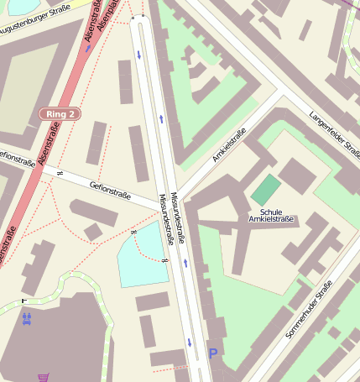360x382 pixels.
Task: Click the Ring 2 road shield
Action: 60,113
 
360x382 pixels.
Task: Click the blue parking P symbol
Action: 212,354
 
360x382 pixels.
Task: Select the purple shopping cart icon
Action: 43,378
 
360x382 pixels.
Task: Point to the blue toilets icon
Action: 27,318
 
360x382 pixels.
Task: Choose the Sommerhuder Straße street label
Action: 310,309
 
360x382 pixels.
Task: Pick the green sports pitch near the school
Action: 266,189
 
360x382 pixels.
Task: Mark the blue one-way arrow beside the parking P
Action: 190,342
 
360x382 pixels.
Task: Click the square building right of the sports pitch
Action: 297,175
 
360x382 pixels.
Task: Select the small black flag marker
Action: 23,300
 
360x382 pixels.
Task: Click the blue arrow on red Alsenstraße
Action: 86,48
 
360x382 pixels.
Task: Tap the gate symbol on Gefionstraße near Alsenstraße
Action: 59,172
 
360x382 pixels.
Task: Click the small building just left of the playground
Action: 93,232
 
